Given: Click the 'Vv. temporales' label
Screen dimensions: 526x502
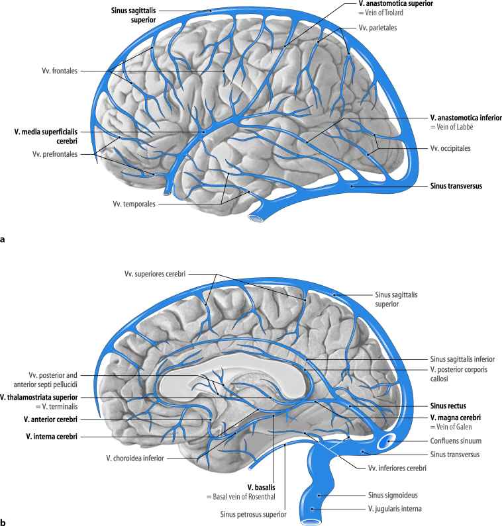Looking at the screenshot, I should point(134,204).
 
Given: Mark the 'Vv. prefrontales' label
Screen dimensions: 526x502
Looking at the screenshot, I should point(55,154).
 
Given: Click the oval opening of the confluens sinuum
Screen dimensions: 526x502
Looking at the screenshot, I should point(387,441).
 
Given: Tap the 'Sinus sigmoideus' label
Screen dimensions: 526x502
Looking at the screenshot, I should point(391,494).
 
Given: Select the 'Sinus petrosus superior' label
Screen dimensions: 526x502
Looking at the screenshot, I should point(254,513).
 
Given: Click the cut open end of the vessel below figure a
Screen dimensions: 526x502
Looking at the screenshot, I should point(255,218).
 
